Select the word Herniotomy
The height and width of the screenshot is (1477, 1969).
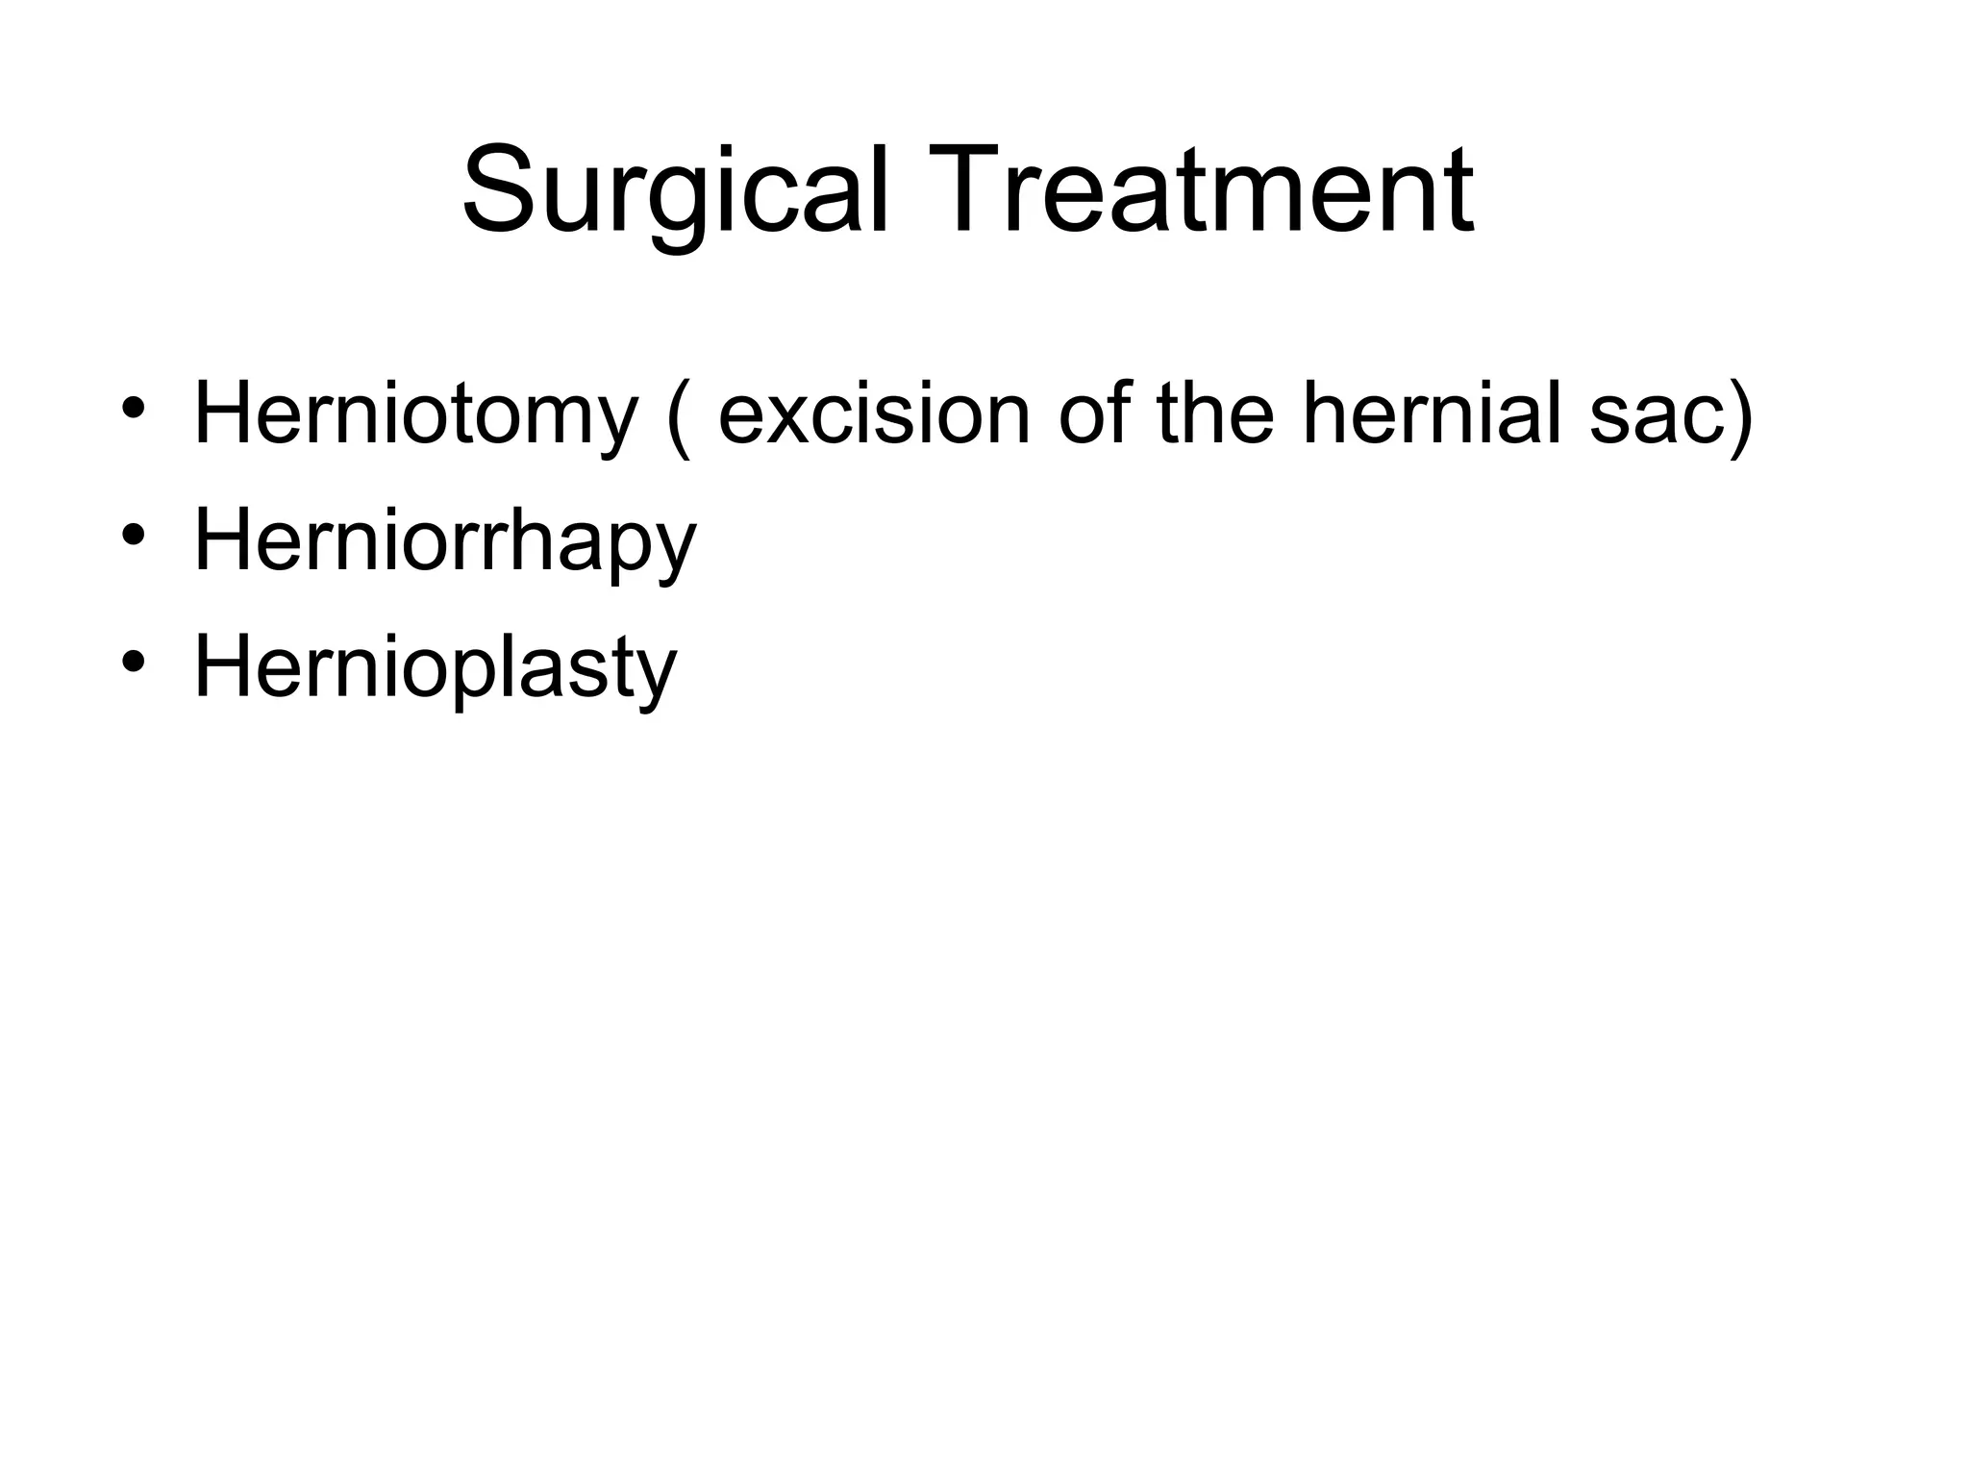coord(416,415)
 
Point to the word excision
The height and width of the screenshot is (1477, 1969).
coord(874,415)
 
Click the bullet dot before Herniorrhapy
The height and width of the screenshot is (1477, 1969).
coord(134,534)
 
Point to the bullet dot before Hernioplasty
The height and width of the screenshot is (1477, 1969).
coord(134,661)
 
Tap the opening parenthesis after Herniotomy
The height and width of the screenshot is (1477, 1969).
coord(679,418)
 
